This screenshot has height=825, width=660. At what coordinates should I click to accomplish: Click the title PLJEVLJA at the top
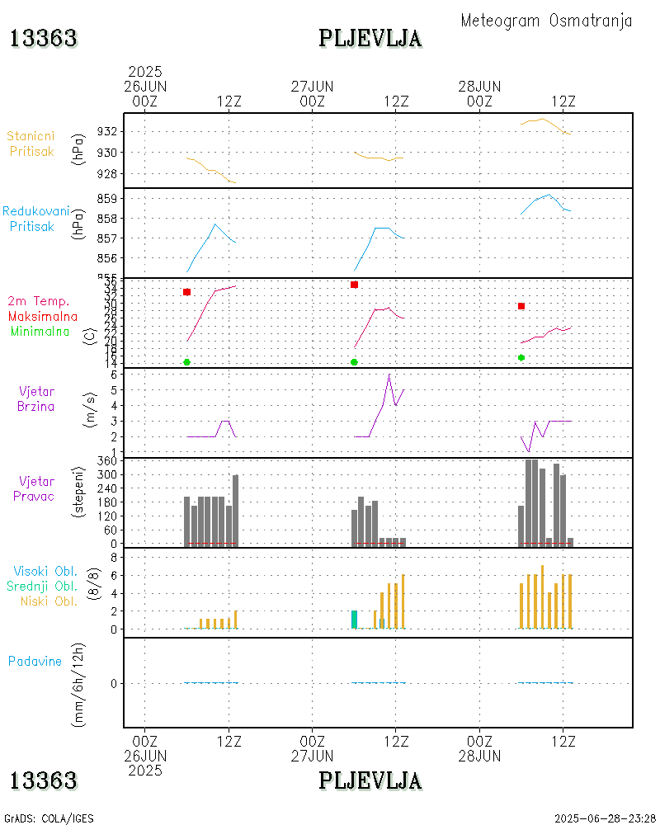click(370, 39)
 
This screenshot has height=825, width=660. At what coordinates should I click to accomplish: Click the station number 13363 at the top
click(44, 39)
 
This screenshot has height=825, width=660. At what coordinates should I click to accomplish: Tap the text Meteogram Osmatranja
click(546, 21)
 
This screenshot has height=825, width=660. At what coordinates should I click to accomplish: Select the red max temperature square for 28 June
click(521, 306)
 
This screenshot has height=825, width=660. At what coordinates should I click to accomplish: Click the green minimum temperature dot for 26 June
click(187, 362)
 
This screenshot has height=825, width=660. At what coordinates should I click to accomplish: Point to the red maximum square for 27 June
click(354, 285)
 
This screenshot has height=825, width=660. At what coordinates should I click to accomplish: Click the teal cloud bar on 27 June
click(354, 620)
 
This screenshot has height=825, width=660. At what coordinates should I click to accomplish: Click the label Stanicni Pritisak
click(32, 144)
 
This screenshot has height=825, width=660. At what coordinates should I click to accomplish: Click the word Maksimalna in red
click(43, 316)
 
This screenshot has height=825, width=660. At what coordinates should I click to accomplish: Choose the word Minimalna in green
click(45, 331)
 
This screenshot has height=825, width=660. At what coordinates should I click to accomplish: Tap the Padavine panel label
click(35, 661)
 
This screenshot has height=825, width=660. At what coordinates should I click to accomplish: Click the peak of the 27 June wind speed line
click(389, 375)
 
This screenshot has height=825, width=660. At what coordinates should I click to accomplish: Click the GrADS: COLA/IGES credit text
click(49, 818)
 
